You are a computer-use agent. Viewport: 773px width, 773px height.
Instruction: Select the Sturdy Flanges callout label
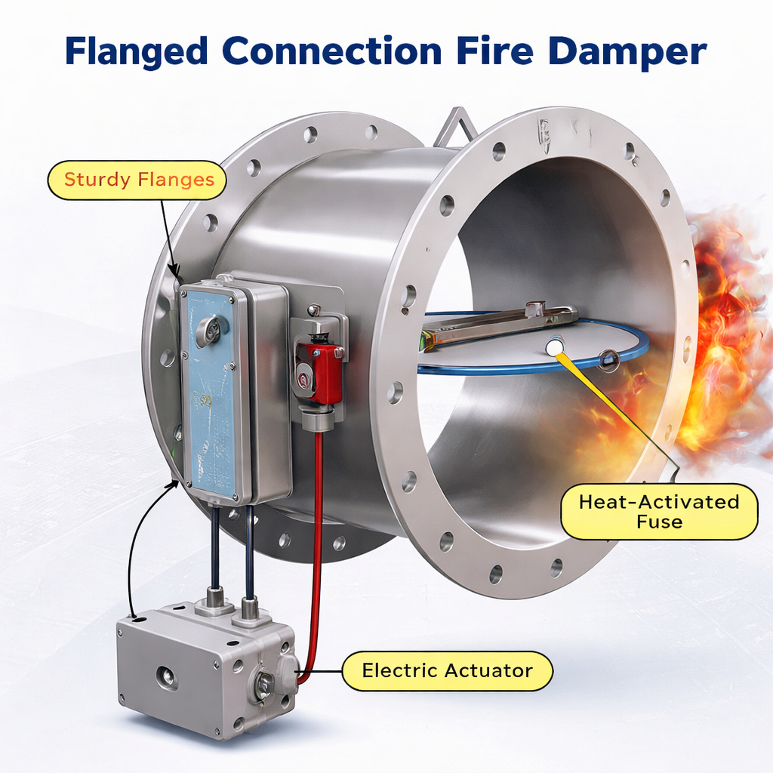137,180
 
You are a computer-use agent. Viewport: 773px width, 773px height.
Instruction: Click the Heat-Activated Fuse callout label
658,511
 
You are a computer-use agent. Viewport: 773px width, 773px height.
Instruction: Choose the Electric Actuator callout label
447,670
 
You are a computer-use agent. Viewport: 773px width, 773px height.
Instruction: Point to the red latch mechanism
320,372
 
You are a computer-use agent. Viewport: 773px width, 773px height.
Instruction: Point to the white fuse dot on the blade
555,346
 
